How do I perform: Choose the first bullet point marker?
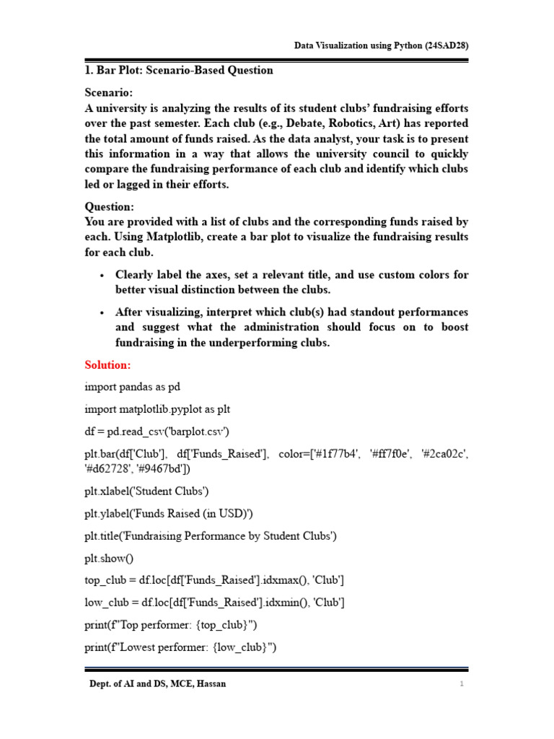[x=102, y=276]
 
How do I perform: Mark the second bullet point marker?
[x=102, y=312]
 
